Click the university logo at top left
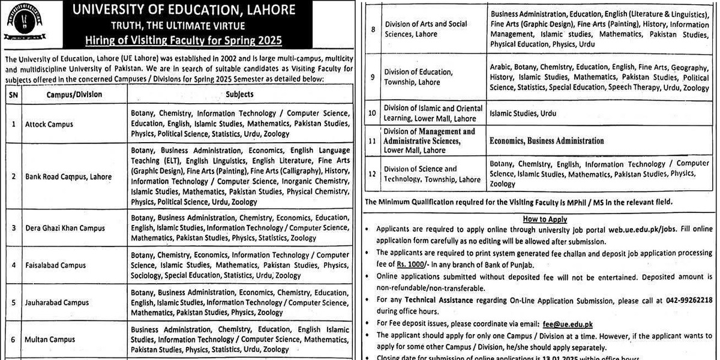(x=25, y=22)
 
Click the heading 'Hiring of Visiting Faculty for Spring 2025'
(x=183, y=40)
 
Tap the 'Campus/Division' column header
(x=74, y=94)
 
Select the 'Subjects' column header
(x=240, y=94)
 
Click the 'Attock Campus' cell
(x=49, y=124)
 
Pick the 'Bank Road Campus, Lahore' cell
(x=68, y=177)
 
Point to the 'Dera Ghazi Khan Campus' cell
(x=65, y=228)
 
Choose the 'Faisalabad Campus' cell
(x=55, y=265)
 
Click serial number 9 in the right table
(x=373, y=77)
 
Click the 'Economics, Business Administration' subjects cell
(x=547, y=141)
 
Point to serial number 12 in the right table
(x=373, y=173)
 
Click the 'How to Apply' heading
(x=545, y=220)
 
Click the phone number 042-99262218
(x=685, y=300)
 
